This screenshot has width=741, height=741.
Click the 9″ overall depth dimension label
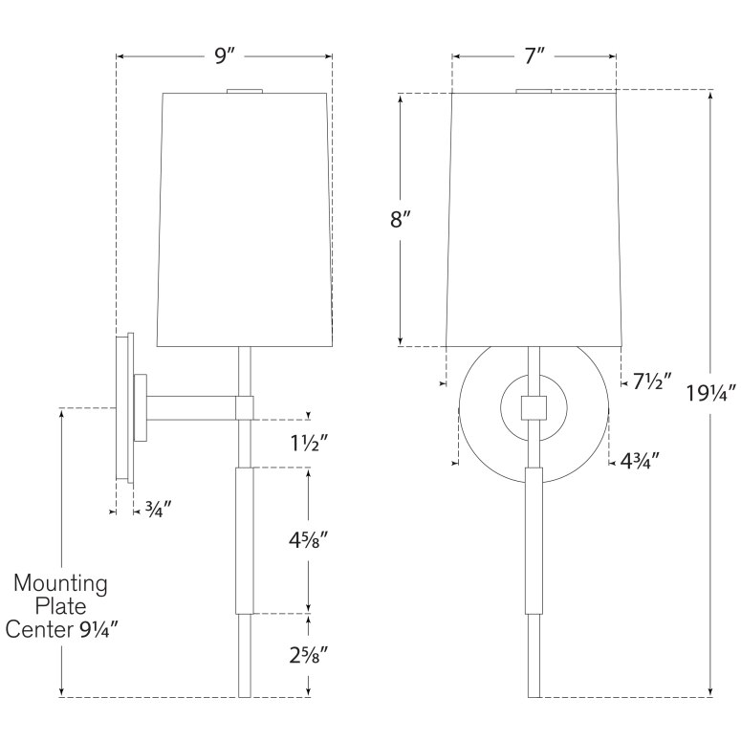[224, 56]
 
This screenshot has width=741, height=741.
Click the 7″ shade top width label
[534, 56]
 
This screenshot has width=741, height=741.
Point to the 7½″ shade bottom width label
[653, 382]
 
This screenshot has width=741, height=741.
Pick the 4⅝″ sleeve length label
[307, 542]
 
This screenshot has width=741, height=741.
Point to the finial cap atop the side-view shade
[244, 91]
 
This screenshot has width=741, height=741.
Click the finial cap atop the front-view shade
[534, 91]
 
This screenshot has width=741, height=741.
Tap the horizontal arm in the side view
[196, 408]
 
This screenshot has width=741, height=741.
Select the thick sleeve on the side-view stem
[244, 540]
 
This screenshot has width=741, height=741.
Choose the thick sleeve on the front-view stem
[534, 540]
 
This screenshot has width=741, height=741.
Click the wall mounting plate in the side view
[124, 408]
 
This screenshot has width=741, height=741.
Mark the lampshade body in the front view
[534, 220]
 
